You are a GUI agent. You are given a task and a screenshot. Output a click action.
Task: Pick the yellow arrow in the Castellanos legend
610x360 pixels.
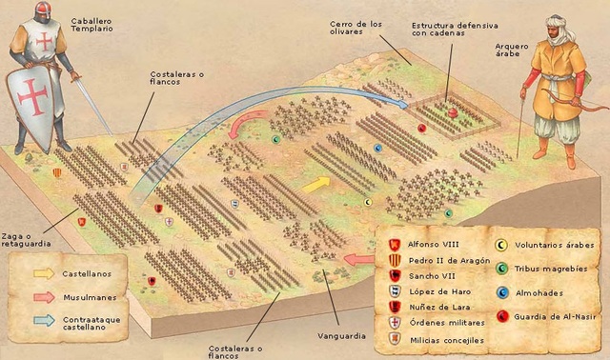point(44,273)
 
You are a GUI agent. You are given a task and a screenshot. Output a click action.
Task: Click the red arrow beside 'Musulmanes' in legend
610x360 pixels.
point(44,296)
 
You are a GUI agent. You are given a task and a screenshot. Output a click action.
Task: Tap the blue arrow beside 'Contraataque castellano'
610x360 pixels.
point(44,322)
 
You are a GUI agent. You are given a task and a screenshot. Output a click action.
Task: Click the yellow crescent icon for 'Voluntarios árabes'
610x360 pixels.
point(502,245)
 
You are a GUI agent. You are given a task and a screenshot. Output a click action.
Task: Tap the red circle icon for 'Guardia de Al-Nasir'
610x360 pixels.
point(502,315)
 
